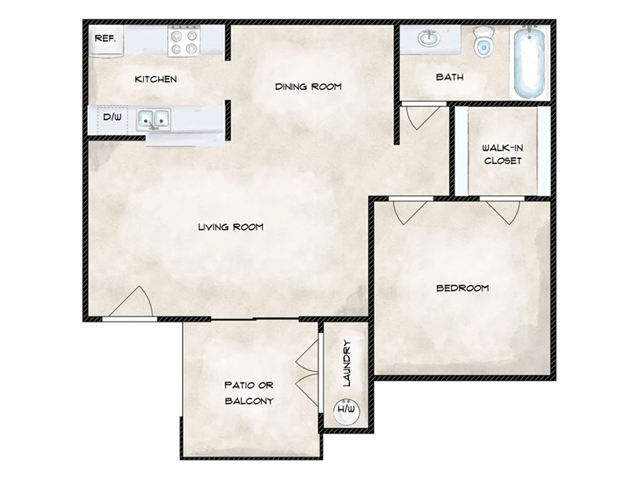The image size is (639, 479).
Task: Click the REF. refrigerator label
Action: pyautogui.click(x=105, y=38)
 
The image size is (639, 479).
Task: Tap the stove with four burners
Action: pyautogui.click(x=184, y=41)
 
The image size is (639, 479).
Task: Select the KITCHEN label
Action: pyautogui.click(x=156, y=79)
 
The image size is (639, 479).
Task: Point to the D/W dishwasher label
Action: pyautogui.click(x=112, y=117)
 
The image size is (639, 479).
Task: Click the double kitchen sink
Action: pyautogui.click(x=153, y=119)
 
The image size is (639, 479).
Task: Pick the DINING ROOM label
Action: pyautogui.click(x=308, y=86)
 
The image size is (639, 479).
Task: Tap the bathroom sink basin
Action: pyautogui.click(x=428, y=38)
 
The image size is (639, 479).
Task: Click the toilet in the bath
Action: pyautogui.click(x=484, y=42)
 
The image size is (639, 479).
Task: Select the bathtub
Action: pyautogui.click(x=530, y=61)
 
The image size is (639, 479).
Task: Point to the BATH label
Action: pyautogui.click(x=450, y=77)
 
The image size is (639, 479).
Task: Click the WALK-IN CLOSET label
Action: pyautogui.click(x=502, y=154)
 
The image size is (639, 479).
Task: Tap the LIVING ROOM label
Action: pyautogui.click(x=231, y=227)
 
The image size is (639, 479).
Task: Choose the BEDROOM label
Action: pyautogui.click(x=462, y=288)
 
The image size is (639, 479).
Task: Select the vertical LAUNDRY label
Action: pyautogui.click(x=347, y=363)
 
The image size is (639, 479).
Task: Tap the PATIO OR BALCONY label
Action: pyautogui.click(x=249, y=393)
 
